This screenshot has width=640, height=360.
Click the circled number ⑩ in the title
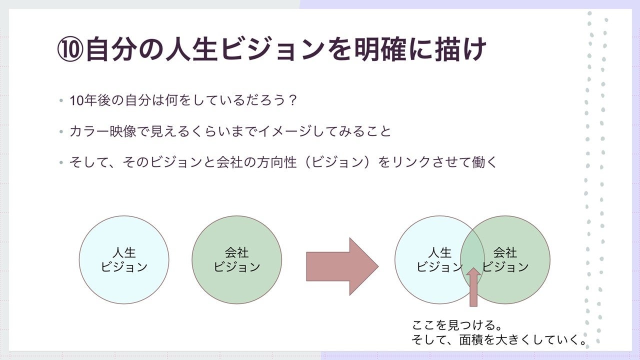[x=70, y=50]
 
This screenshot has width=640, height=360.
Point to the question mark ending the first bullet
[x=293, y=100]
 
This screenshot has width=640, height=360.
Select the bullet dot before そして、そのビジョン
[x=61, y=162]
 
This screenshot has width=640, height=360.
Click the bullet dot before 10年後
[x=61, y=100]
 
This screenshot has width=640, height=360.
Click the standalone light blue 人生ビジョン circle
[x=124, y=259]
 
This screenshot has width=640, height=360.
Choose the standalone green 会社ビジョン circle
[x=236, y=259]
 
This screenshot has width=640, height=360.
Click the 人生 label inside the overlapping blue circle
[x=440, y=252]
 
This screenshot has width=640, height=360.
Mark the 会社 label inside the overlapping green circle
[x=505, y=252]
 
